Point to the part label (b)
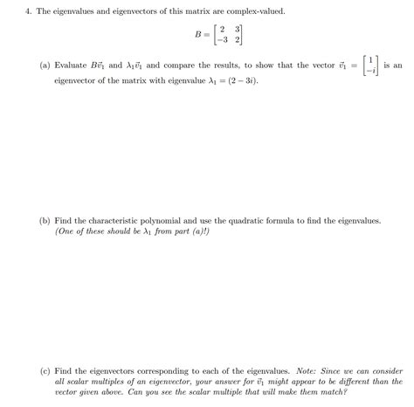pyautogui.click(x=45, y=222)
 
